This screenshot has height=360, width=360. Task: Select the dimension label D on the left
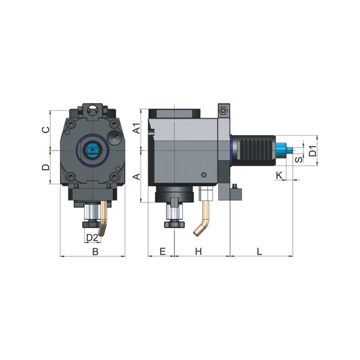coord(45,167)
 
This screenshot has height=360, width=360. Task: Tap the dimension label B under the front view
coord(95,251)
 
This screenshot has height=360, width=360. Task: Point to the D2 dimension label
coord(92,237)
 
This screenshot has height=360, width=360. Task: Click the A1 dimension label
coord(137,129)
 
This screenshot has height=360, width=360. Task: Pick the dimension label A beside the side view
coord(137,176)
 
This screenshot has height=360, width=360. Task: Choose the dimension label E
coord(162,251)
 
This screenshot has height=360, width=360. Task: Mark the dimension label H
coord(198,251)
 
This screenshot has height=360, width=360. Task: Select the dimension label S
coord(299,159)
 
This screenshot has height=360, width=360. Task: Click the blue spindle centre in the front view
coord(92,149)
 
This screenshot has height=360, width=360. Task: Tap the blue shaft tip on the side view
coord(288,150)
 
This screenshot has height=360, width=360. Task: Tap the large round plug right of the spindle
coord(114,136)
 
